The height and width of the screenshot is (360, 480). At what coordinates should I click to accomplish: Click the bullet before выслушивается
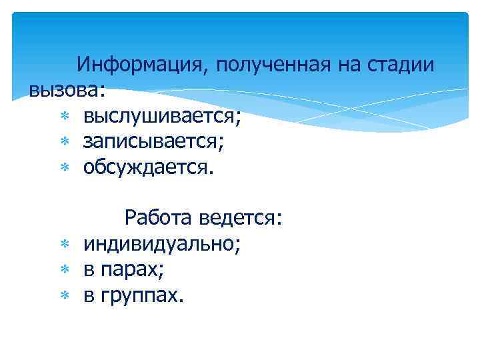(x=64, y=117)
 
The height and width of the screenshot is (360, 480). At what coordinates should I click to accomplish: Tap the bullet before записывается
(x=64, y=142)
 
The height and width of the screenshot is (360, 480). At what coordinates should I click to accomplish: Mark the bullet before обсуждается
(x=64, y=167)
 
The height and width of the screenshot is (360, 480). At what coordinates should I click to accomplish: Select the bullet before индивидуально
(x=64, y=245)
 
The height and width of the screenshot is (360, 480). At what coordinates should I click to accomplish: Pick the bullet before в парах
(x=64, y=270)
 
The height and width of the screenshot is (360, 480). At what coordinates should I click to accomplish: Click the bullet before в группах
(x=64, y=295)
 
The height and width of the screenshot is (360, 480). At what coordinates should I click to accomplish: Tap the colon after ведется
(x=280, y=219)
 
